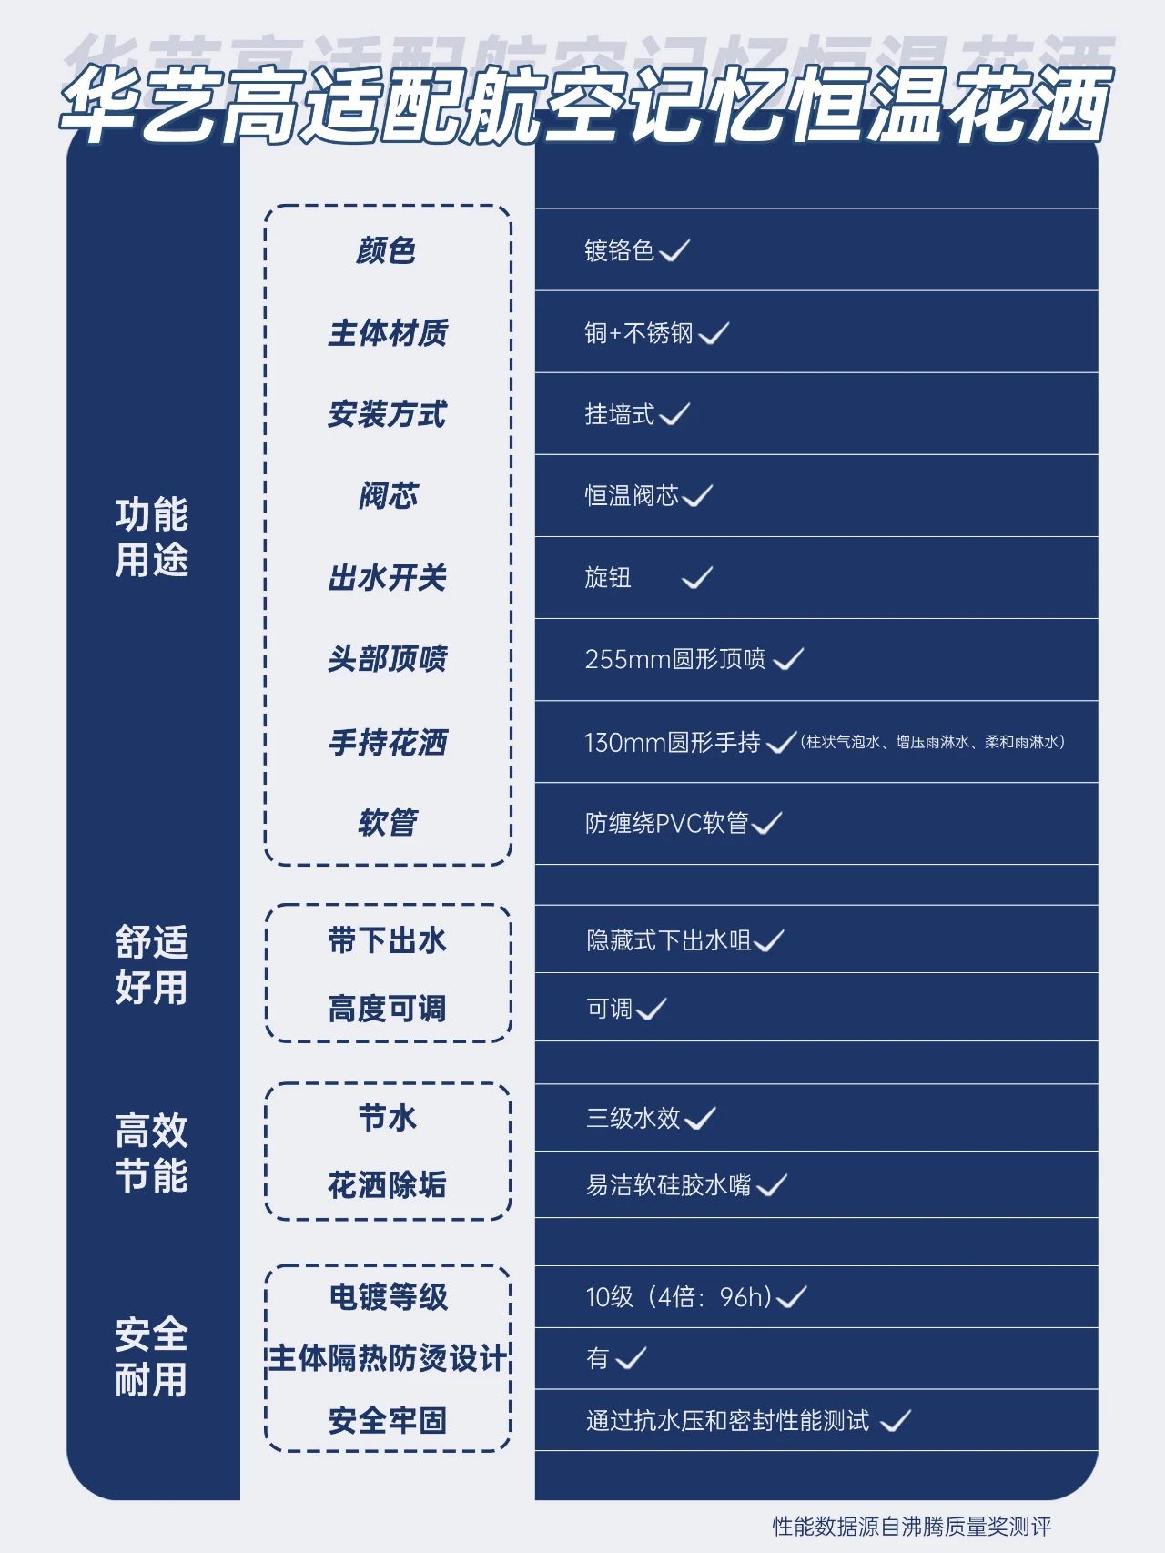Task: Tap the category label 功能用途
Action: click(x=152, y=537)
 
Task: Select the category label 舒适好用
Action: click(x=152, y=964)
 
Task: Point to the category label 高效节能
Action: click(x=152, y=1152)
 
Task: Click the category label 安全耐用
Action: click(x=152, y=1357)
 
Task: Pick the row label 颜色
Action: click(x=387, y=250)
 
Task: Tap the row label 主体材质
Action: click(x=388, y=332)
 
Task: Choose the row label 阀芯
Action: click(x=388, y=496)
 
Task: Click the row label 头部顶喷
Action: click(x=388, y=659)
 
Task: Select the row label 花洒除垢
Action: click(x=388, y=1184)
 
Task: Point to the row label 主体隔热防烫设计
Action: click(x=388, y=1358)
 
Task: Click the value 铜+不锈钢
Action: click(x=639, y=333)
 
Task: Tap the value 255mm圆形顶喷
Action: click(x=675, y=659)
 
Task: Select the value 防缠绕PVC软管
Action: click(x=667, y=823)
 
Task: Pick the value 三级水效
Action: click(x=633, y=1117)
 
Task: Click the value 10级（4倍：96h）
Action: click(x=679, y=1296)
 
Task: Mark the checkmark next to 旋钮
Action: click(x=697, y=577)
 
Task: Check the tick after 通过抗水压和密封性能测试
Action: click(x=896, y=1420)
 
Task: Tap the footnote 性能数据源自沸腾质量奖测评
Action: click(x=912, y=1526)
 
